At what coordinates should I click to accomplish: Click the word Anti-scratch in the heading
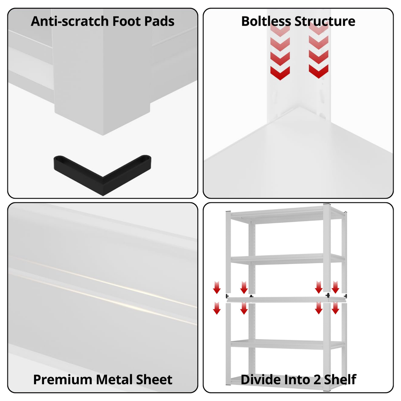(x=70, y=21)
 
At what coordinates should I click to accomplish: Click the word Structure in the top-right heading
(x=325, y=21)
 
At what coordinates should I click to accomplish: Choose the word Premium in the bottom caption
(x=63, y=379)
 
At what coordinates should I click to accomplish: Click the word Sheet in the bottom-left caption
(x=154, y=379)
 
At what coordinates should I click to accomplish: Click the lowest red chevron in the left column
(x=280, y=73)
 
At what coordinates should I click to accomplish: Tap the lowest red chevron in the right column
(x=319, y=71)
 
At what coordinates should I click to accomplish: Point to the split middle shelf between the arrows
(x=286, y=299)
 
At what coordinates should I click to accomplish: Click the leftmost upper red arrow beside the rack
(x=217, y=287)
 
